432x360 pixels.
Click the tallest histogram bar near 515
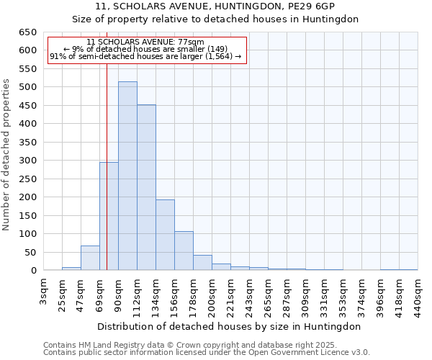tap(127, 176)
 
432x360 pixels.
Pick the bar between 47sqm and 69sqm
tap(90, 258)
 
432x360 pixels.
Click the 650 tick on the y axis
tap(27, 32)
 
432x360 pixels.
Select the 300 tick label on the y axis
tap(27, 161)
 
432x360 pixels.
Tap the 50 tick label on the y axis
tap(30, 253)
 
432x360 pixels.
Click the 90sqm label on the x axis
tap(118, 292)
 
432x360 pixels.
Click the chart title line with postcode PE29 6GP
tap(215, 7)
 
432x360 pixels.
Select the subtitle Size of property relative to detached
tap(215, 19)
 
